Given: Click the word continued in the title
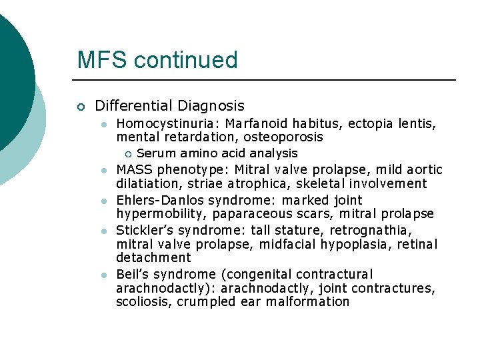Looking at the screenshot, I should click(x=185, y=60).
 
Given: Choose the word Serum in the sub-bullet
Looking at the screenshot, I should click(x=155, y=154).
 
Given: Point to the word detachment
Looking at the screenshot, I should click(x=153, y=258).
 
